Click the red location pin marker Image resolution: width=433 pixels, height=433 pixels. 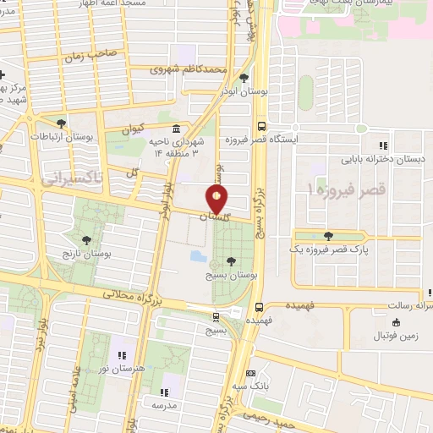click(x=217, y=200)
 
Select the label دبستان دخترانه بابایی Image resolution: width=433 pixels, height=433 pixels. click(x=383, y=158)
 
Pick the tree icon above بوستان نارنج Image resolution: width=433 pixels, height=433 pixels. click(x=88, y=239)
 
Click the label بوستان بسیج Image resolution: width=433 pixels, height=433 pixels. click(x=230, y=274)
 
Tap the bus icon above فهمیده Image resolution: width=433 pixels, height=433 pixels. click(x=258, y=308)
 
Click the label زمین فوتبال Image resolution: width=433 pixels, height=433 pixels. click(x=395, y=336)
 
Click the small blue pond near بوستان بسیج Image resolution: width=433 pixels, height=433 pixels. click(x=197, y=255)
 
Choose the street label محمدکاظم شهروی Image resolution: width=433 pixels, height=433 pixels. click(x=191, y=69)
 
